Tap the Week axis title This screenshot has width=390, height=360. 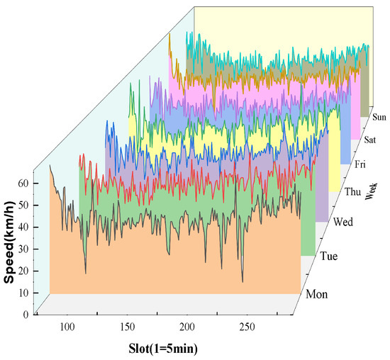(369, 191)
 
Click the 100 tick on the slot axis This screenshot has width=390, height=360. (67, 327)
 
